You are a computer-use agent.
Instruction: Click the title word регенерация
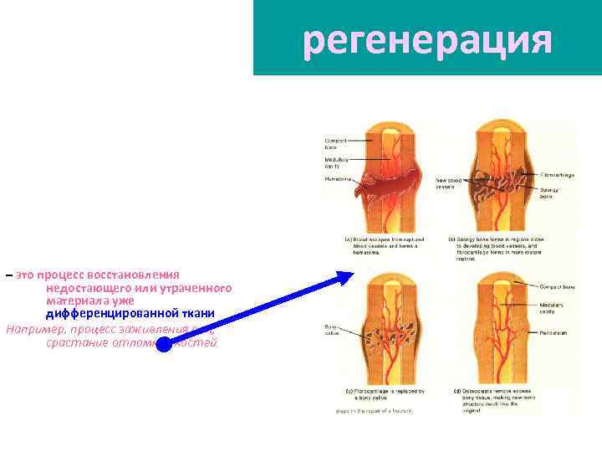[427, 39]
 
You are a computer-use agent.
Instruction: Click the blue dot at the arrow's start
[165, 345]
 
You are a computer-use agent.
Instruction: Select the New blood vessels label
[447, 182]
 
